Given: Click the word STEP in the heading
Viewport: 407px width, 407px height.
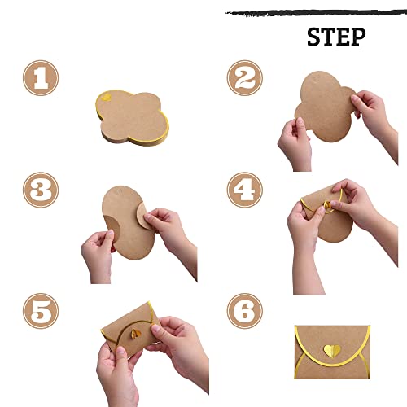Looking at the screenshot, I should click(x=336, y=37).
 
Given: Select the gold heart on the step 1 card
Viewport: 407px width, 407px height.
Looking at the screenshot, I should click(x=107, y=98).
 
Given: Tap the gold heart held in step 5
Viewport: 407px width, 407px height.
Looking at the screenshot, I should click(x=137, y=335).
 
